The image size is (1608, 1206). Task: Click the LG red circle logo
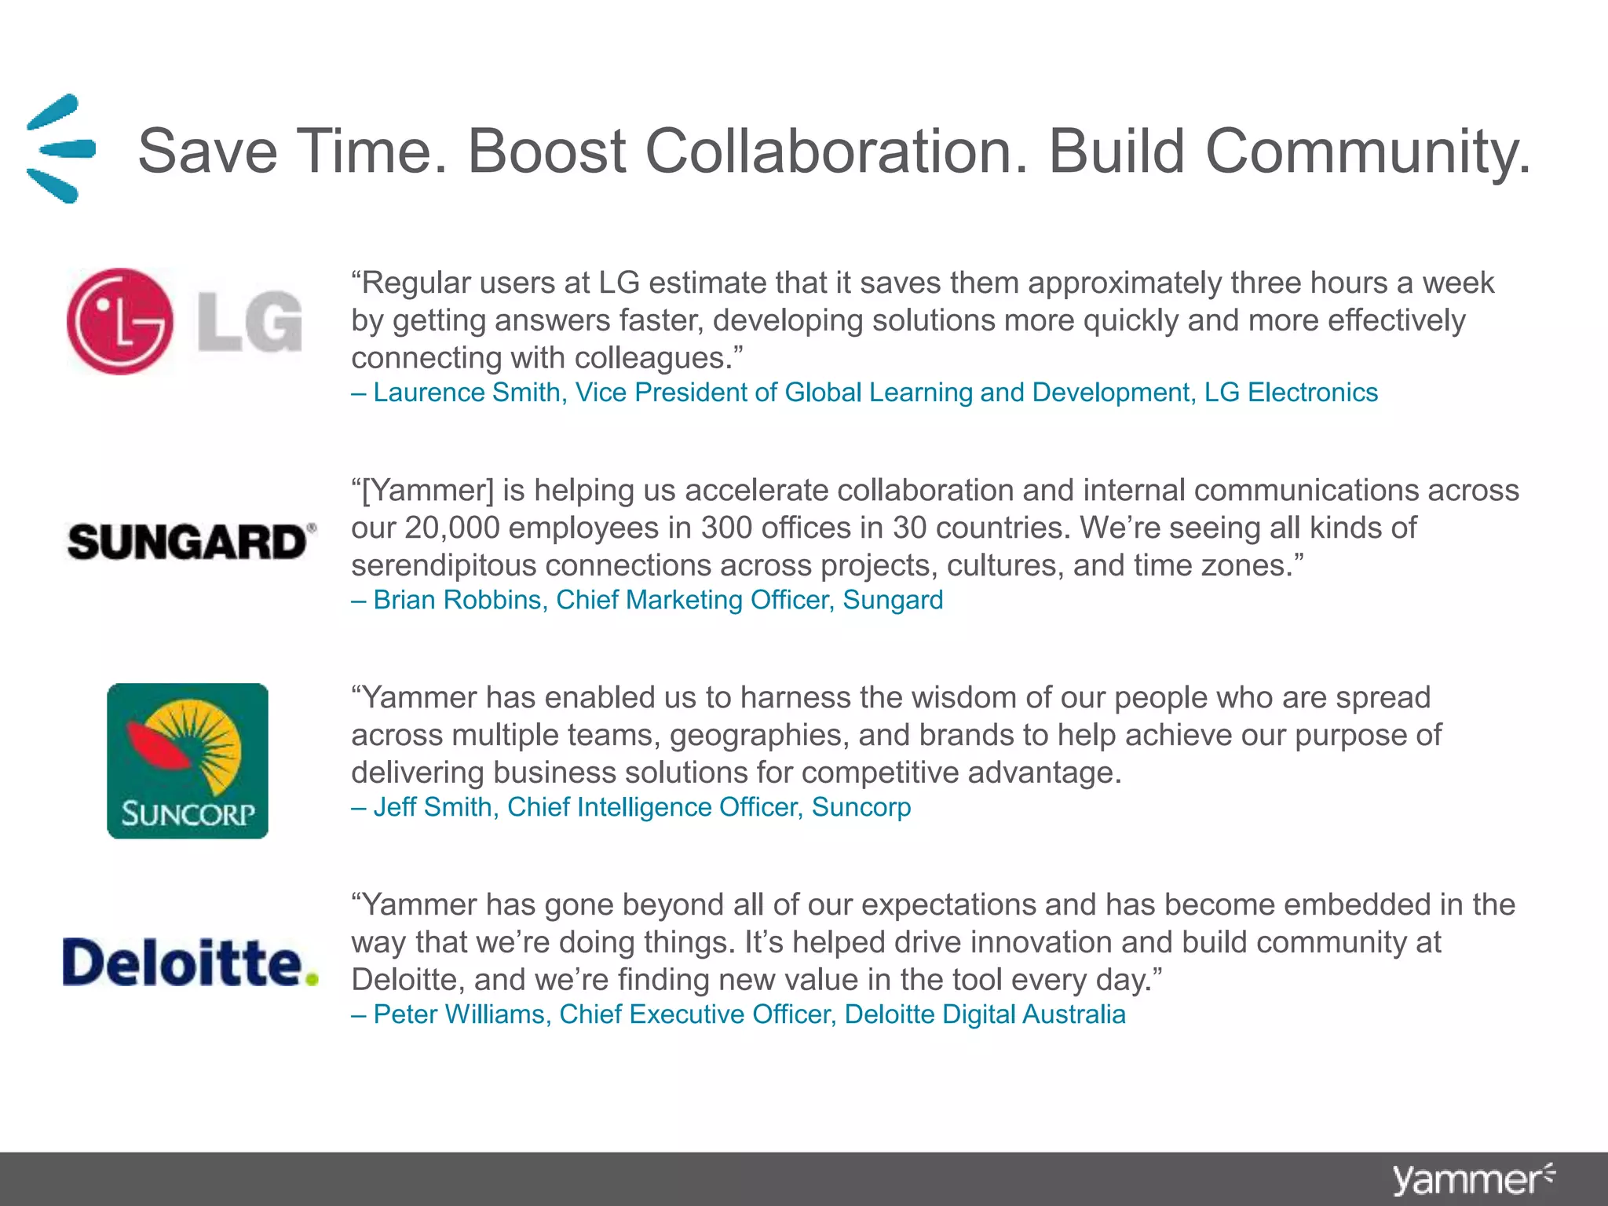coord(119,321)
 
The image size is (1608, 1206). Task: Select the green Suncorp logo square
coord(188,760)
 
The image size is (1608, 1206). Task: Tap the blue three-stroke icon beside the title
coord(60,148)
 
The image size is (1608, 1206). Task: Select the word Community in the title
coord(1367,151)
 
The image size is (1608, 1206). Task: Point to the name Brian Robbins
coord(458,600)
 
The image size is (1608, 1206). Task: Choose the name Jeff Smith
coord(433,807)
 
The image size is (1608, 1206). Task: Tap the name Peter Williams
coord(459,1014)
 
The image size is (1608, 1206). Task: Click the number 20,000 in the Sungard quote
coord(452,528)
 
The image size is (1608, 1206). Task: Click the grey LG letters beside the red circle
coord(250,321)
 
